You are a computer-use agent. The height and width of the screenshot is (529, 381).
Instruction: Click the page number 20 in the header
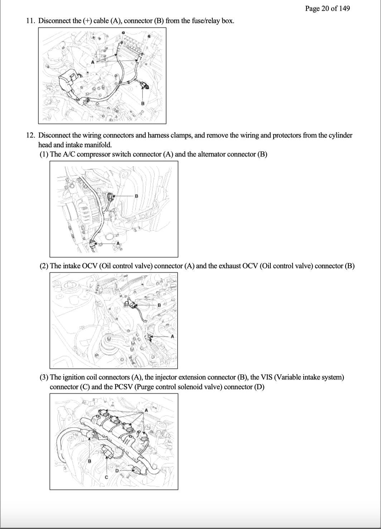pyautogui.click(x=325, y=9)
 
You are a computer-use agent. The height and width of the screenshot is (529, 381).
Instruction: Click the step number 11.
pyautogui.click(x=30, y=21)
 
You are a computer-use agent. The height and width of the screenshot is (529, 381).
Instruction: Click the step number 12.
pyautogui.click(x=30, y=135)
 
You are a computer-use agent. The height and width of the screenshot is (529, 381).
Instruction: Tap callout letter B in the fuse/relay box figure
pyautogui.click(x=143, y=103)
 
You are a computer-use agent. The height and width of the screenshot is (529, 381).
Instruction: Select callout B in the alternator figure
pyautogui.click(x=136, y=196)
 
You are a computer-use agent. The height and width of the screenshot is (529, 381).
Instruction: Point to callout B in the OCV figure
pyautogui.click(x=159, y=305)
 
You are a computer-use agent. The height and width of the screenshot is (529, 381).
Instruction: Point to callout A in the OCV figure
pyautogui.click(x=172, y=336)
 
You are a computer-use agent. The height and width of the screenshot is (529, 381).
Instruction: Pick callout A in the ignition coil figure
pyautogui.click(x=146, y=410)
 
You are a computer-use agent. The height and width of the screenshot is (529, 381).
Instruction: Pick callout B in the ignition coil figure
pyautogui.click(x=90, y=461)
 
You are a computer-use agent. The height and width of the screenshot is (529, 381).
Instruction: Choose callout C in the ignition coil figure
pyautogui.click(x=106, y=477)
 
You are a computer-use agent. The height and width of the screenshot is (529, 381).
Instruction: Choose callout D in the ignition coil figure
pyautogui.click(x=116, y=471)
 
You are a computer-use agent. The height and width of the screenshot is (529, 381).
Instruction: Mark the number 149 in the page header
pyautogui.click(x=344, y=9)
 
